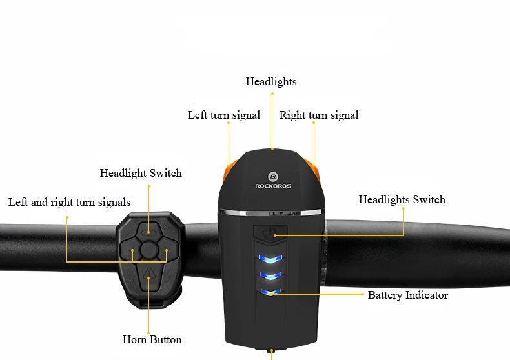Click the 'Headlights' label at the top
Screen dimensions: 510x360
[x=271, y=81]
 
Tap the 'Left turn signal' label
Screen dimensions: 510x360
[x=224, y=115]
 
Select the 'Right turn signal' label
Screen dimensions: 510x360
[x=319, y=115]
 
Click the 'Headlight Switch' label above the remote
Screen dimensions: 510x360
[x=141, y=173]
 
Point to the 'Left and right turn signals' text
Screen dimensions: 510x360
[x=69, y=202]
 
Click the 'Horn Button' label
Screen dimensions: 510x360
[x=152, y=339]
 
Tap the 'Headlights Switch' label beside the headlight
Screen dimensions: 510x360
[x=402, y=199]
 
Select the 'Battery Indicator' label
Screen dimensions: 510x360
[x=408, y=295]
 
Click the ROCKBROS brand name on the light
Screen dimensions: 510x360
[x=273, y=186]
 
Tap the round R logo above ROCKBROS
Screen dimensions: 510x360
[x=273, y=177]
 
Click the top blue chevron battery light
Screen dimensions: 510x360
[x=270, y=259]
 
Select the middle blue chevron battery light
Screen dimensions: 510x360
[x=270, y=276]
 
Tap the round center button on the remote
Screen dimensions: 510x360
[x=149, y=250]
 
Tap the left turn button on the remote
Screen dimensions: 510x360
[x=130, y=250]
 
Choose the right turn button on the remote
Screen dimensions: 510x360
[x=168, y=250]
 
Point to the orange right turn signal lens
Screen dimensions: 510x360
[x=316, y=172]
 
